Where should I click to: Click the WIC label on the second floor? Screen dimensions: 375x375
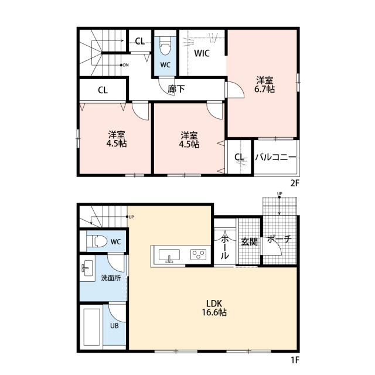202,53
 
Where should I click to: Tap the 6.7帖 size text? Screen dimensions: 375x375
264,89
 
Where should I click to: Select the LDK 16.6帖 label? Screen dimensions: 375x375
214,308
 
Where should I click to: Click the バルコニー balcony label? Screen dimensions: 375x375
275,157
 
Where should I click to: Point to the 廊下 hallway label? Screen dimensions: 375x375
176,89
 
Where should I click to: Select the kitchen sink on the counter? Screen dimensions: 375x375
169,255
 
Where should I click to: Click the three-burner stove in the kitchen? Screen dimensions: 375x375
198,254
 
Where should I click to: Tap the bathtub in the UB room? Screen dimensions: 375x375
92,327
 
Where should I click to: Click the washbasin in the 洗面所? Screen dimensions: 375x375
87,268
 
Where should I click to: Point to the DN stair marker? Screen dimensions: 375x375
124,65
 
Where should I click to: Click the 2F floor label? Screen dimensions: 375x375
295,183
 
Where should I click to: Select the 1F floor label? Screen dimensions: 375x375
295,360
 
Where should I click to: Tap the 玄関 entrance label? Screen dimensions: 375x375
249,242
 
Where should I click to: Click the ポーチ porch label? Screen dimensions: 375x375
279,238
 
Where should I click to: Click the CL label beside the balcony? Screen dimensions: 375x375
239,157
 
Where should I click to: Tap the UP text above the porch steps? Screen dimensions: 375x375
279,193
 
